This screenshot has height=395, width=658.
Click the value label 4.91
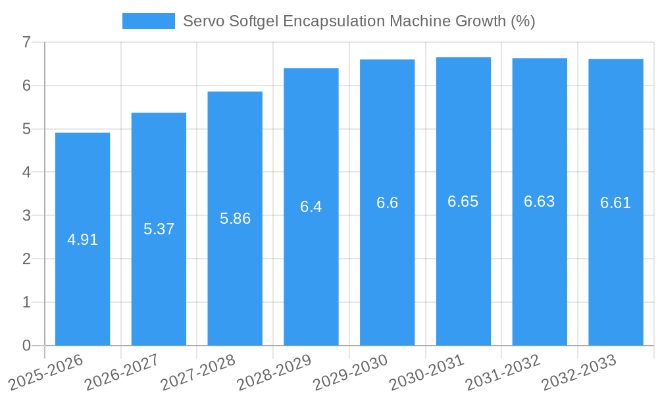[82, 240]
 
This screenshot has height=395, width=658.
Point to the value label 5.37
[159, 229]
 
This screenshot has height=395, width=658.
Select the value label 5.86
[235, 219]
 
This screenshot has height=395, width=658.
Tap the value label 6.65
[463, 201]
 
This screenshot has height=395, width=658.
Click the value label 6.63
[540, 201]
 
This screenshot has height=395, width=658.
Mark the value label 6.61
[615, 203]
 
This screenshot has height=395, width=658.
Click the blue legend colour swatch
[148, 21]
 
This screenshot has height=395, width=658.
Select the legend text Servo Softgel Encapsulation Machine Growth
[359, 21]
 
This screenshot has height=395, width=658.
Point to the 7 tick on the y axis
[26, 42]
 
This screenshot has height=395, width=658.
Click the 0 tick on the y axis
[26, 346]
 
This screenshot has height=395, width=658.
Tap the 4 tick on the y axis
[26, 172]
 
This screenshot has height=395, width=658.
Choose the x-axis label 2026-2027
[122, 372]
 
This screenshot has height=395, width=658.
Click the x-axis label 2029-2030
[351, 372]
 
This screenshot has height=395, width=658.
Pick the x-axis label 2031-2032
[503, 372]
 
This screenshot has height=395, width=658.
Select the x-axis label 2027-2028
[199, 372]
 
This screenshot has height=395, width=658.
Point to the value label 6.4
[311, 207]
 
